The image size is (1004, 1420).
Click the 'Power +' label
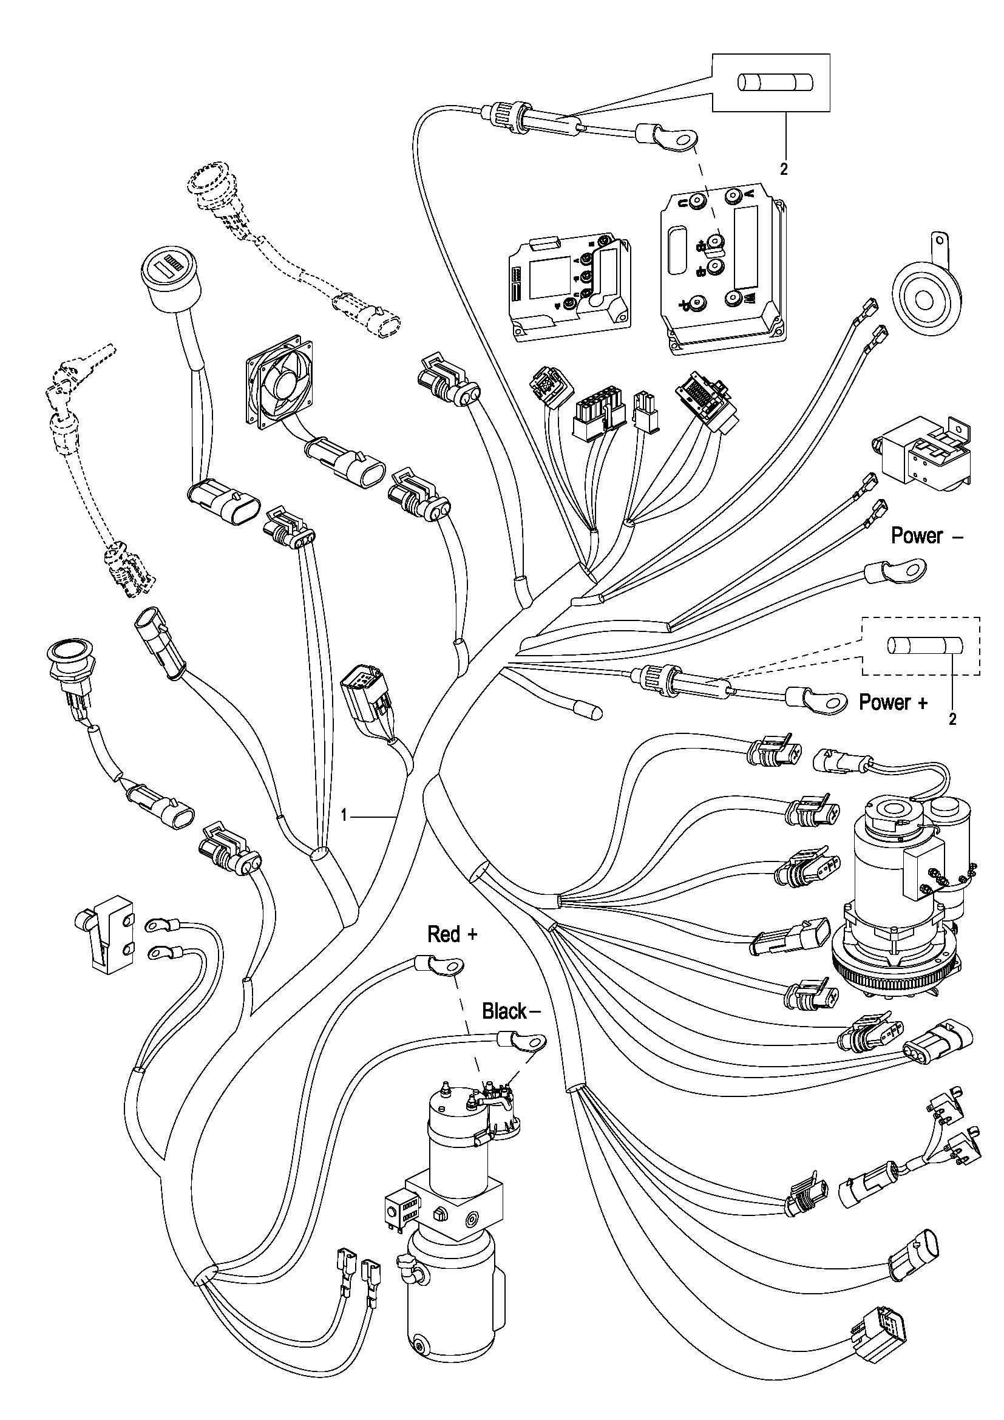click(x=893, y=702)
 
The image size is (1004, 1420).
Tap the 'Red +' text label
click(x=453, y=934)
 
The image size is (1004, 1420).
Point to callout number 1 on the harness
click(x=344, y=817)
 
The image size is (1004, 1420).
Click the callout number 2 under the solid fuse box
click(x=784, y=170)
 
